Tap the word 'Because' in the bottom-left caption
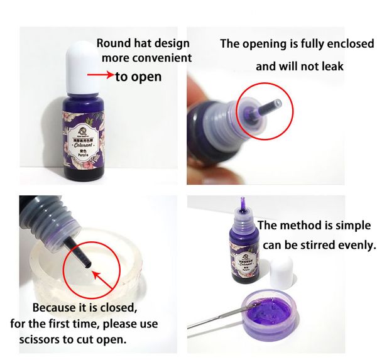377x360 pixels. coord(56,309)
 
